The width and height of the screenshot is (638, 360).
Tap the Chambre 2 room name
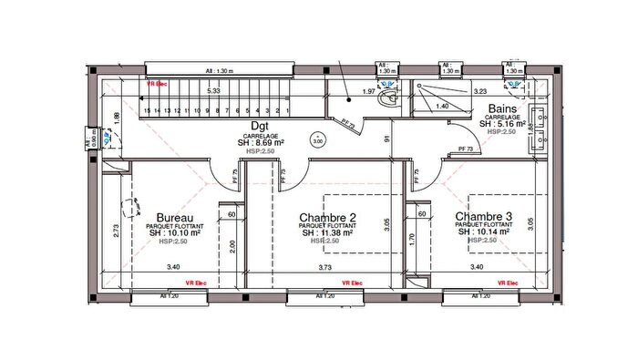coord(327,218)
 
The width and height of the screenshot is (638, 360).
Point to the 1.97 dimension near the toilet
coord(369,92)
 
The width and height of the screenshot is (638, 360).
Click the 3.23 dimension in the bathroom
coord(482,91)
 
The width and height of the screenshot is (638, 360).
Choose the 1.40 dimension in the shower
coord(443,107)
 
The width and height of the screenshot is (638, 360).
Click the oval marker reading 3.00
coord(317,141)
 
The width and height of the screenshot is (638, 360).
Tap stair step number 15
coord(146,108)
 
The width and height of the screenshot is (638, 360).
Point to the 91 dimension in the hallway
coord(386,139)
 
